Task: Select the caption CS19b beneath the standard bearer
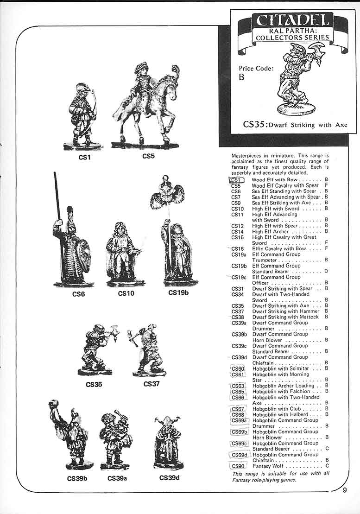pyautogui.click(x=179, y=292)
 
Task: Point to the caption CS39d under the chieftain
pyautogui.click(x=169, y=477)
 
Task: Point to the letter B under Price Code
pyautogui.click(x=241, y=77)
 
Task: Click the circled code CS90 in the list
pyautogui.click(x=238, y=466)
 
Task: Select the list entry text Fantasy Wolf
pyautogui.click(x=268, y=466)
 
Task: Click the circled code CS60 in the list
pyautogui.click(x=238, y=368)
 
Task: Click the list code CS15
pyautogui.click(x=237, y=237)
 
